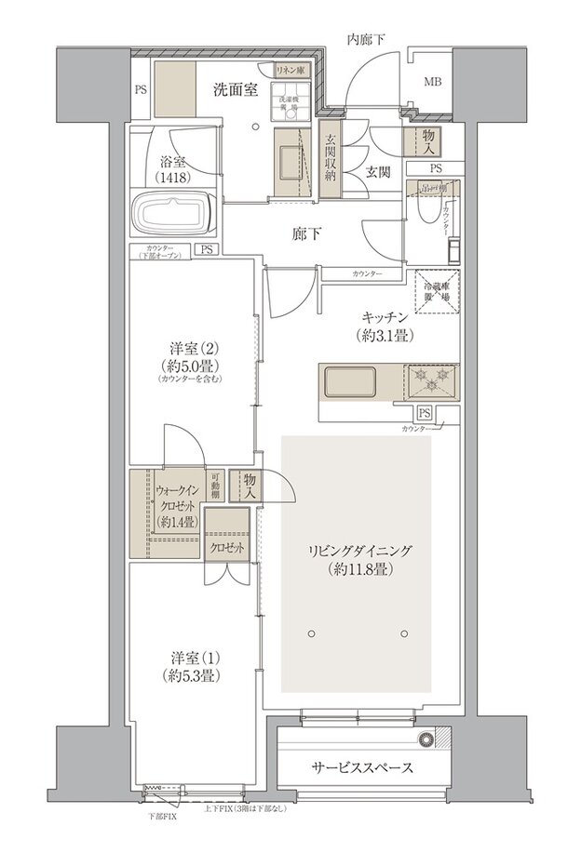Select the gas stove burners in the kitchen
431,381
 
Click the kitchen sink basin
349,381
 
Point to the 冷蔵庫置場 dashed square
433,290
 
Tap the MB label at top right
433,83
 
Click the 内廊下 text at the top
366,38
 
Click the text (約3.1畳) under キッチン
383,335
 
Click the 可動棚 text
215,493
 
